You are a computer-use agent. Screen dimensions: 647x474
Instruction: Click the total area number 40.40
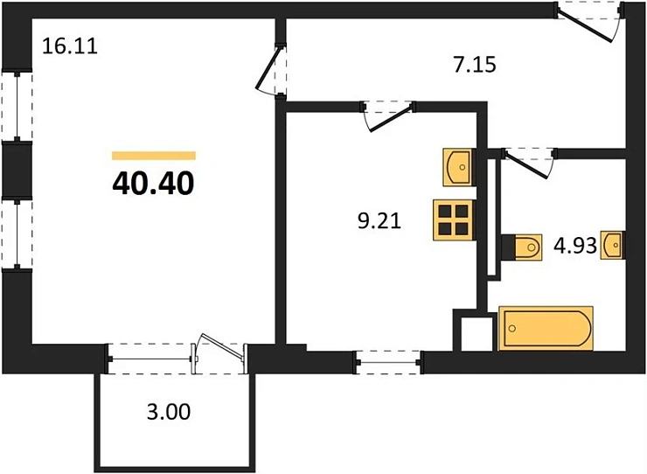tap(153, 184)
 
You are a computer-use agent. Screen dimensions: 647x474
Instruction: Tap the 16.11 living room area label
tap(70, 45)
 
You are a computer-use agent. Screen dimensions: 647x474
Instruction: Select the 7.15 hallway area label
tap(475, 66)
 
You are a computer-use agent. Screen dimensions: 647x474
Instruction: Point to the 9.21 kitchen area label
tap(379, 221)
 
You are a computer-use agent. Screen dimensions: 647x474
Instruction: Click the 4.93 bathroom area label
tap(575, 246)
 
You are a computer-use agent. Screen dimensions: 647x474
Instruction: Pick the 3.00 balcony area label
tap(169, 412)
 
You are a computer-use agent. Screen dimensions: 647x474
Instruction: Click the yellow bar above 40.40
tap(154, 156)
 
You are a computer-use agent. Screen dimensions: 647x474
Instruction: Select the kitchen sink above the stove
tap(458, 167)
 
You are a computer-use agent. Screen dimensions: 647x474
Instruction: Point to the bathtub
tap(546, 328)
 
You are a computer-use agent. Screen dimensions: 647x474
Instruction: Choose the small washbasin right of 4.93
tap(612, 245)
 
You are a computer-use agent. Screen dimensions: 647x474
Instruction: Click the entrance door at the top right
tap(588, 22)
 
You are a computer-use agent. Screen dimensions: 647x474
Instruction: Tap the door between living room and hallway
tap(272, 71)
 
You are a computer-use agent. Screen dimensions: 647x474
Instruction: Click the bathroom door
tap(529, 163)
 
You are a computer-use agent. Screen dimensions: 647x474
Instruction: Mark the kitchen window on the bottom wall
tap(388, 363)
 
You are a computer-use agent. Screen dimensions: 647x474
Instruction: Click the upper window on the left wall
tap(17, 107)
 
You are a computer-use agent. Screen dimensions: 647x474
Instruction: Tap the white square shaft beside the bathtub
tap(477, 333)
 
